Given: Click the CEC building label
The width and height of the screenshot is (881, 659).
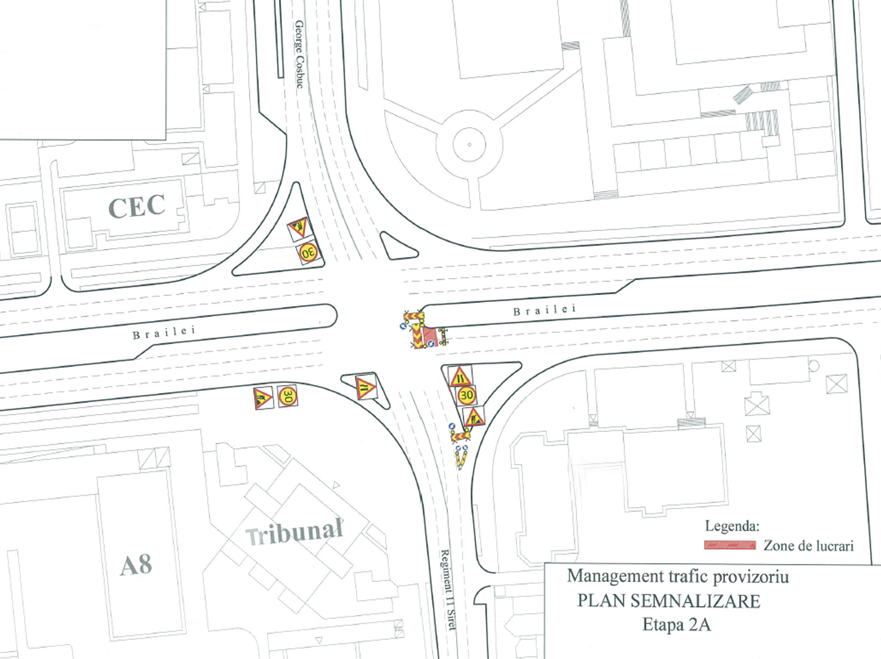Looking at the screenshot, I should (x=136, y=207).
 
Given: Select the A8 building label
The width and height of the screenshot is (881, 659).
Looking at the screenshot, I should (x=136, y=565).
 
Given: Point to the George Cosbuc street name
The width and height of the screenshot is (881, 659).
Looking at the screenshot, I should (x=300, y=54).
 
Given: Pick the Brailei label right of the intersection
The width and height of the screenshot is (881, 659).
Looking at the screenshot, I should (x=544, y=310).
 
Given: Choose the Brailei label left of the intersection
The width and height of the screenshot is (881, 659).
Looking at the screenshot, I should (x=164, y=332).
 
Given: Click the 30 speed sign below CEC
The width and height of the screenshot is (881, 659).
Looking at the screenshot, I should (x=308, y=253).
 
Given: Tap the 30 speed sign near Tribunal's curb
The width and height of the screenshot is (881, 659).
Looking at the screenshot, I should (x=287, y=396).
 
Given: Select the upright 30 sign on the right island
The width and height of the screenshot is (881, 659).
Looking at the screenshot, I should (x=466, y=395).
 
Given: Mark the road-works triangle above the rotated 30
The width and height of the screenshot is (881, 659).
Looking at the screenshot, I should (x=298, y=228).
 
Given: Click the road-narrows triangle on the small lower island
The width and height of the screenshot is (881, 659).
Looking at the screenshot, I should (x=365, y=387).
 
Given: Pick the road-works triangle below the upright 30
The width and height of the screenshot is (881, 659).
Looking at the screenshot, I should (x=474, y=417).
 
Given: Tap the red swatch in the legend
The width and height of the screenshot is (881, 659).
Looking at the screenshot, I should (x=730, y=545).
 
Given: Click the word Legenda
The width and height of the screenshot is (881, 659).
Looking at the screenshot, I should (x=732, y=526).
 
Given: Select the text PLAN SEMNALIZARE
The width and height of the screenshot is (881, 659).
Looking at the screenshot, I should (x=669, y=601).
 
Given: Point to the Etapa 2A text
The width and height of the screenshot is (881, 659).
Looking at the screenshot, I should (x=676, y=625).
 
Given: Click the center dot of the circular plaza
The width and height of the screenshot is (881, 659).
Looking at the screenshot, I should (x=469, y=145).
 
